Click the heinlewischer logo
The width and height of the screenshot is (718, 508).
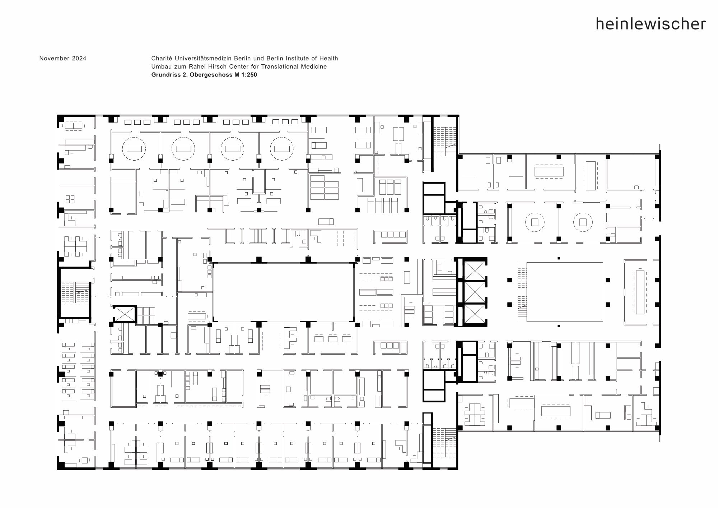pos(651,24)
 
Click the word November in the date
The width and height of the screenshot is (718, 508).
pos(55,59)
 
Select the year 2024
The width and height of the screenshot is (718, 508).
pos(79,59)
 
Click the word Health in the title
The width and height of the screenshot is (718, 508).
pos(328,58)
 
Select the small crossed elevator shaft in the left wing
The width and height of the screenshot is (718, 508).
pos(124,314)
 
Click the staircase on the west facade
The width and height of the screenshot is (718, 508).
pos(75,292)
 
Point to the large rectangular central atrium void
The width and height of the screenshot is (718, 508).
pos(284,292)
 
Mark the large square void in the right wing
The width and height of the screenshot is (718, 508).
pos(565,292)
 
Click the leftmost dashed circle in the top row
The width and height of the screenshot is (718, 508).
pos(134,149)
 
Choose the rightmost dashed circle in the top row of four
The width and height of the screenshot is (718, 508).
pos(282,149)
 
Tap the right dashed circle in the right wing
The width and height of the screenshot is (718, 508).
pos(583,222)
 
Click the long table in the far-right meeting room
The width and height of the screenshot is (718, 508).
pos(640,292)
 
